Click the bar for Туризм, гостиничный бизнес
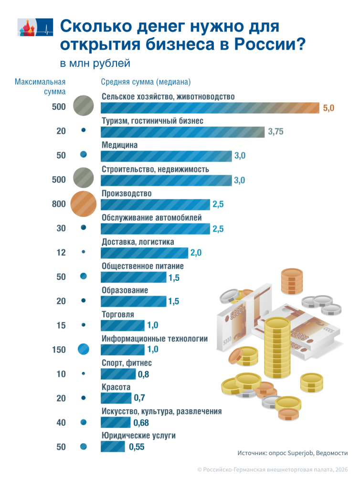[x=183, y=132]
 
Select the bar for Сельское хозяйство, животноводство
[x=210, y=107]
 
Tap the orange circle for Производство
[x=83, y=204]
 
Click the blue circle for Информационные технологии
[x=83, y=349]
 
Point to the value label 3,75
[x=276, y=132]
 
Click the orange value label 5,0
[x=328, y=108]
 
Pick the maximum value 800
[x=59, y=204]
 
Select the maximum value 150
[x=59, y=350]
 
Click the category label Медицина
[x=119, y=145]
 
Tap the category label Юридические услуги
[x=138, y=436]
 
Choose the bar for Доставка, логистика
[x=144, y=253]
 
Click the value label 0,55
[x=137, y=447]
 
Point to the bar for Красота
[x=116, y=398]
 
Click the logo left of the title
[x=35, y=27]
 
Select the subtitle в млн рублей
[x=95, y=64]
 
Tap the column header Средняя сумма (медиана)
[x=146, y=82]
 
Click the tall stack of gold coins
[x=277, y=347]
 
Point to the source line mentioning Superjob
[x=292, y=453]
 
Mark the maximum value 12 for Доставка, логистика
[x=61, y=252]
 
